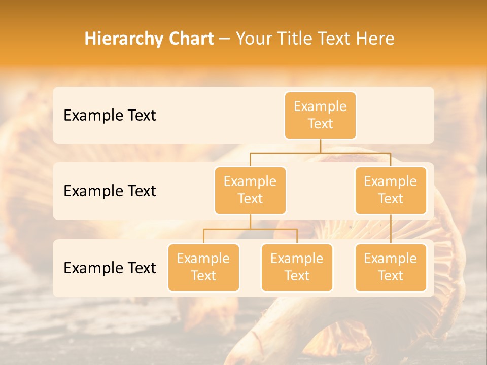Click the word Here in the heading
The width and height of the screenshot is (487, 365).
[x=375, y=39]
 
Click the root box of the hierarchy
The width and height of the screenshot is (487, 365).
[x=320, y=115]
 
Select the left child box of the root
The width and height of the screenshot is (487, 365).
[x=250, y=190]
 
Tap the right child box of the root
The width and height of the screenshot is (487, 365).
[x=391, y=190]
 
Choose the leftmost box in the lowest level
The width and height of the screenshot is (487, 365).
[x=203, y=267]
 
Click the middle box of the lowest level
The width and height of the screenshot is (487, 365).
[x=297, y=267]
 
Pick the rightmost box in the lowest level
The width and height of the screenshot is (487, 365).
[x=391, y=267]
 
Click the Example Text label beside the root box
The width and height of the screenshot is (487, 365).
[x=110, y=116]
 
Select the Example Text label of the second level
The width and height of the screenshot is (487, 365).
[x=110, y=191]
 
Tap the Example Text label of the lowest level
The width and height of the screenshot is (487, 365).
[x=110, y=268]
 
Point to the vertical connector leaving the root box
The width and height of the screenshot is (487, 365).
[x=320, y=146]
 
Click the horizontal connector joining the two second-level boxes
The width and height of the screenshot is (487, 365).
[x=320, y=153]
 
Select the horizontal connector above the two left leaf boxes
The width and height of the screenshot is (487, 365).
[x=250, y=229]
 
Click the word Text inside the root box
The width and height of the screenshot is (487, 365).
[x=320, y=124]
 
